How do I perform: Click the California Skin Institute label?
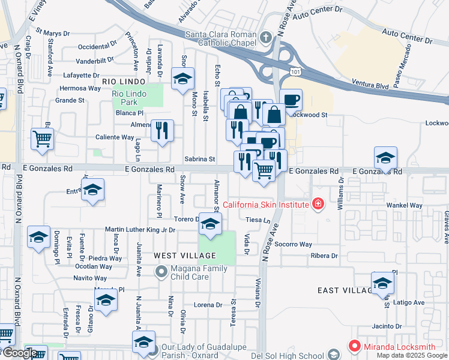tap(266, 205)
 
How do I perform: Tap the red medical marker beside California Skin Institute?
tap(317, 205)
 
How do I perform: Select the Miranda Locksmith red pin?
tap(354, 346)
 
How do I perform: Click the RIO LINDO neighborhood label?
tap(124, 81)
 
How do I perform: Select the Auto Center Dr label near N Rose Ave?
tap(320, 11)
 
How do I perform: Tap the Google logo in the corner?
tap(19, 353)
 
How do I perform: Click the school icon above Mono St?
tap(182, 79)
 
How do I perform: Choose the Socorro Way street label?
tap(294, 244)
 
